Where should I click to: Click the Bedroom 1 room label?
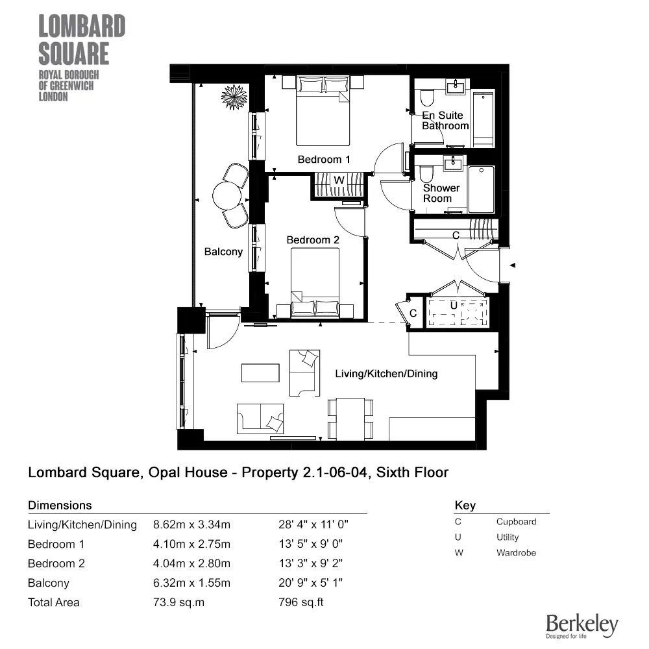tap(324, 159)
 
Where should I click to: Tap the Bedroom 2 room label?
tap(313, 239)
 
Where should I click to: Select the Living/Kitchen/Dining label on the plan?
tap(386, 373)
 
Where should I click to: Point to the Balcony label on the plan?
tap(223, 251)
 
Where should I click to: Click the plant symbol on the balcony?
tap(234, 97)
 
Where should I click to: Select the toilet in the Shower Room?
tap(426, 173)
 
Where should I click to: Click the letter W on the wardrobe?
tap(339, 180)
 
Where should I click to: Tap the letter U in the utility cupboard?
tap(454, 304)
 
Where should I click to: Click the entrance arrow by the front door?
tap(512, 265)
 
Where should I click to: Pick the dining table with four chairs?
tap(350, 419)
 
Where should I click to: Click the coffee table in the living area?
tap(261, 373)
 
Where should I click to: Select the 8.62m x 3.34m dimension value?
tap(191, 524)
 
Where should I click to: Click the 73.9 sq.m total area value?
tap(178, 602)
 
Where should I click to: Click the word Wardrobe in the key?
tap(516, 553)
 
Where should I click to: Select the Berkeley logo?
tap(582, 626)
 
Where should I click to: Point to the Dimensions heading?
tap(60, 505)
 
